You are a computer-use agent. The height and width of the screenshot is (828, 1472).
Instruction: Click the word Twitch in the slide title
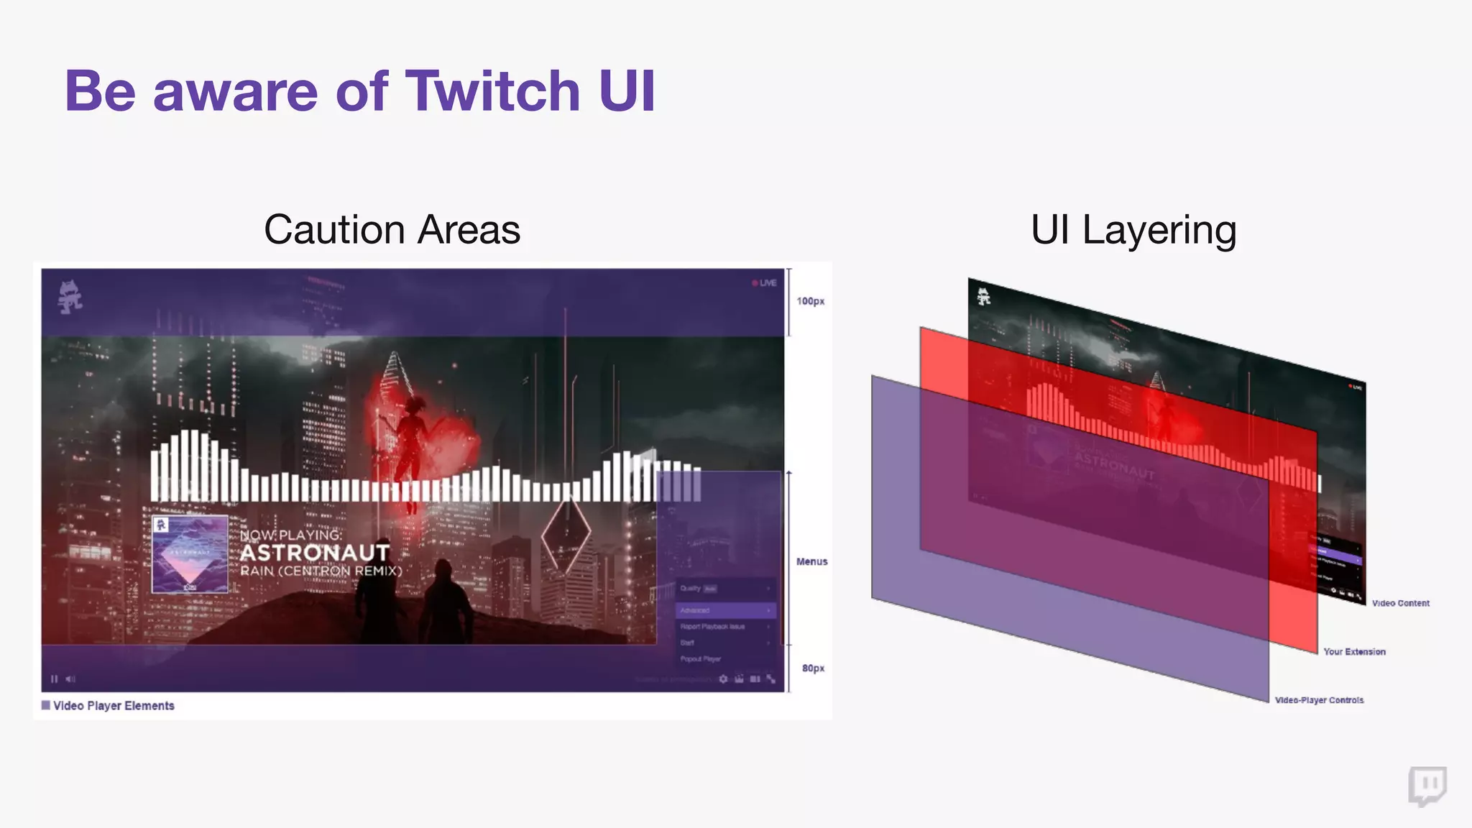[493, 91]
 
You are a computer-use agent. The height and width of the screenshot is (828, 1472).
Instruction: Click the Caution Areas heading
[392, 230]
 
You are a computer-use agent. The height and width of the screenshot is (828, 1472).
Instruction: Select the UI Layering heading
[1133, 230]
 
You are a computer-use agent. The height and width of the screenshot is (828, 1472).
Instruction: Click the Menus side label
[811, 561]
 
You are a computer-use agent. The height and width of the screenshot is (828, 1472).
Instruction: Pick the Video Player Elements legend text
[114, 706]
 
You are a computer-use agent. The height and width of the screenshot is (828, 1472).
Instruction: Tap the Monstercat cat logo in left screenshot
[70, 297]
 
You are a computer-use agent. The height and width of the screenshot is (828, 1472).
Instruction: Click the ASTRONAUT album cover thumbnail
[190, 553]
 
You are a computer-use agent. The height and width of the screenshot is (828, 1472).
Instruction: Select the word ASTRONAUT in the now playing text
[315, 553]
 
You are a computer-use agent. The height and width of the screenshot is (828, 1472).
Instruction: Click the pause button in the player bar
[55, 678]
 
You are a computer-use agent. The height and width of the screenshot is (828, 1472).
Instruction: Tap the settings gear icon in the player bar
[723, 678]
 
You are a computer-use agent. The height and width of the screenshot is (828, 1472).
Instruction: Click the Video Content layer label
[1400, 603]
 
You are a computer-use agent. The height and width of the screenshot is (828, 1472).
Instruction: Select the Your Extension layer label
[1354, 652]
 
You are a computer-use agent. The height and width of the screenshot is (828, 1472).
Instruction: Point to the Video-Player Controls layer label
[1319, 700]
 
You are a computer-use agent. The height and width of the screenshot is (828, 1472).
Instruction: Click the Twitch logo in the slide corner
[1427, 786]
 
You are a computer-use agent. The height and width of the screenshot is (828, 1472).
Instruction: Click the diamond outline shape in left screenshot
[566, 533]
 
